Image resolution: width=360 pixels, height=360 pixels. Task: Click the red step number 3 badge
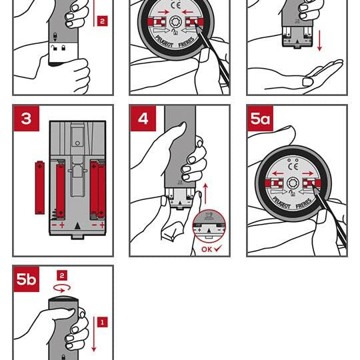pyautogui.click(x=26, y=119)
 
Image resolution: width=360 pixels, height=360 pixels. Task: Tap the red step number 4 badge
pyautogui.click(x=143, y=119)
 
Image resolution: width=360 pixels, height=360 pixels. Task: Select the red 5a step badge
pyautogui.click(x=261, y=119)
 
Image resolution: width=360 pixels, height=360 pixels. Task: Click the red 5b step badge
pyautogui.click(x=26, y=279)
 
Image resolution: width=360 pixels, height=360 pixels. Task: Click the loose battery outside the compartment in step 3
pyautogui.click(x=40, y=188)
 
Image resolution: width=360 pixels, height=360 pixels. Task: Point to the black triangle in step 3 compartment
pyautogui.click(x=77, y=226)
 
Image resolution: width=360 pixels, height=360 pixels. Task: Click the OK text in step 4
pyautogui.click(x=207, y=249)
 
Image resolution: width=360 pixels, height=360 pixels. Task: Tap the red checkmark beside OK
pyautogui.click(x=218, y=249)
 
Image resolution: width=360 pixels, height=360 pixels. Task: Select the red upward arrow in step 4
pyautogui.click(x=205, y=193)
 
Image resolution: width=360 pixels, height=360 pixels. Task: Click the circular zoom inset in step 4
pyautogui.click(x=209, y=226)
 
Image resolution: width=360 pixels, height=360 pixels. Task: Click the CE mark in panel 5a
pyautogui.click(x=293, y=167)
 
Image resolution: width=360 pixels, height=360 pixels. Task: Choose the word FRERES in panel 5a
pyautogui.click(x=305, y=203)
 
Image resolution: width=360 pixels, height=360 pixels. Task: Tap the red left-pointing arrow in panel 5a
pyautogui.click(x=278, y=173)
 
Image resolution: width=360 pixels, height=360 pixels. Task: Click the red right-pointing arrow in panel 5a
pyautogui.click(x=307, y=173)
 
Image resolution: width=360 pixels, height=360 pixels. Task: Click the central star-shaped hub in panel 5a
pyautogui.click(x=293, y=183)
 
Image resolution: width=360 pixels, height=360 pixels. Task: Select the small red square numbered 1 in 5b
pyautogui.click(x=103, y=322)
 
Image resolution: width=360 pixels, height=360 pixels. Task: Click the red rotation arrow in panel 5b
pyautogui.click(x=62, y=289)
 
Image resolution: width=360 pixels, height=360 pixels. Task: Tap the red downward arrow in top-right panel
pyautogui.click(x=319, y=41)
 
